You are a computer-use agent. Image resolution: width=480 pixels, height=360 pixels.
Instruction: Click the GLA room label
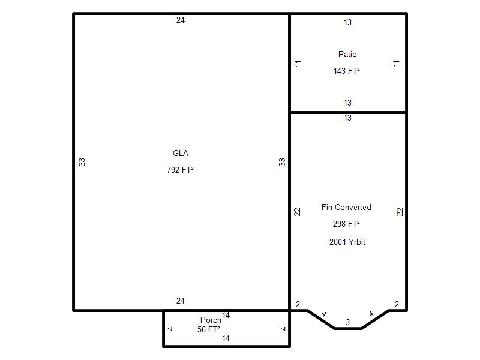(x=181, y=153)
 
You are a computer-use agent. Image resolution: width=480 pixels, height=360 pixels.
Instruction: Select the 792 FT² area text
(x=180, y=170)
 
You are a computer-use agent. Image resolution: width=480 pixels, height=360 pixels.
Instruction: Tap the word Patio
(x=347, y=54)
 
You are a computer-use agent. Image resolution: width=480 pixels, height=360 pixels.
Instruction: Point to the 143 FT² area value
(x=347, y=71)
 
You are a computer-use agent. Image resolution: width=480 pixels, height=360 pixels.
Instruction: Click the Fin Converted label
(x=346, y=207)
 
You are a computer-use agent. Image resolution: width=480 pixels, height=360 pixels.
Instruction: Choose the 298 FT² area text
(x=346, y=224)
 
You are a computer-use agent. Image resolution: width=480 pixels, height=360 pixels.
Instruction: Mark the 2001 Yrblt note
(x=347, y=242)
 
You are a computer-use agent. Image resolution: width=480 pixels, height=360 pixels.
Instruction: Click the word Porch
(x=211, y=320)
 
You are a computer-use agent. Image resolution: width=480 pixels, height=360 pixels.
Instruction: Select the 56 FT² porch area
(x=208, y=329)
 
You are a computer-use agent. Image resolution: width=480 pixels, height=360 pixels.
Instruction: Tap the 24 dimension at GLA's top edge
(x=181, y=20)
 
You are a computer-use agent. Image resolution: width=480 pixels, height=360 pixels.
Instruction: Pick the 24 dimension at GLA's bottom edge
(x=181, y=301)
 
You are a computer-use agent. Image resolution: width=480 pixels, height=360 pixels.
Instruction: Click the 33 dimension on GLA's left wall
(x=82, y=162)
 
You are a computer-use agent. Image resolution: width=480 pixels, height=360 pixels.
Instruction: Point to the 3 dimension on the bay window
(x=347, y=322)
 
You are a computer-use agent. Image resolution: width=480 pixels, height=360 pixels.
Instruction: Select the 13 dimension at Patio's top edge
(x=347, y=22)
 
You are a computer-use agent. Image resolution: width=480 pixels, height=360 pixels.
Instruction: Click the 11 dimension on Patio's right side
(x=397, y=64)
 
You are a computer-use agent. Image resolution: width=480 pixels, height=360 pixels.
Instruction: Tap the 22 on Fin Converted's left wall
(x=297, y=212)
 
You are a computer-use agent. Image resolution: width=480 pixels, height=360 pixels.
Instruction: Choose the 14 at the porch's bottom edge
(x=226, y=338)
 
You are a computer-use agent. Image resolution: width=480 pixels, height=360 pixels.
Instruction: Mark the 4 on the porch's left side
(x=170, y=328)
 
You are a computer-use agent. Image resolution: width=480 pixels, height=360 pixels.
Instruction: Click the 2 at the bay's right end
(x=397, y=304)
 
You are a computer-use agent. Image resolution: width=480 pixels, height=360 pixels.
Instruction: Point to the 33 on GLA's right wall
(x=282, y=162)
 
